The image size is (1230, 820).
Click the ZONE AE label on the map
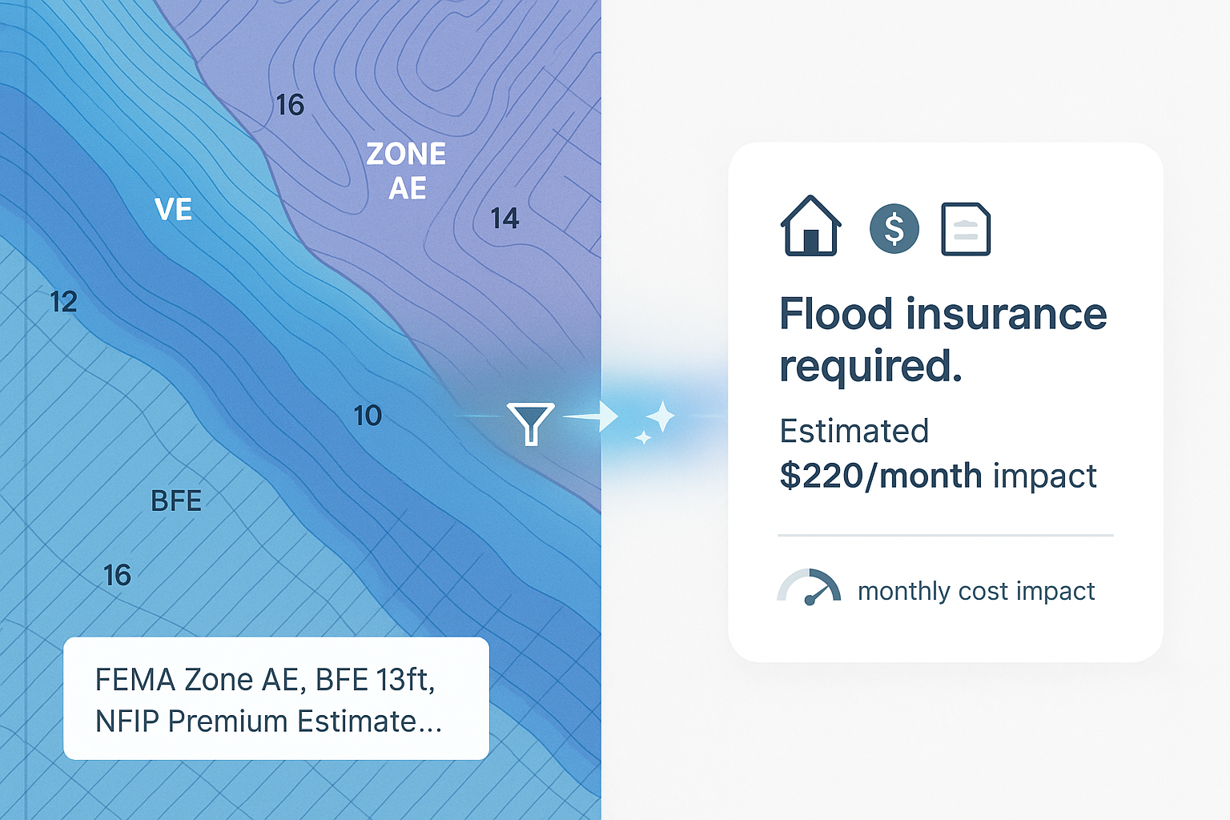click(406, 171)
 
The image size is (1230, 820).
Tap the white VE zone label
click(173, 210)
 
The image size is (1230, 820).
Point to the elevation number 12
click(63, 302)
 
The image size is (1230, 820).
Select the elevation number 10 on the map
click(368, 416)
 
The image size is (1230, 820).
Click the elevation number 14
click(504, 219)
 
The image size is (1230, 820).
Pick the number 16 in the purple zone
click(290, 105)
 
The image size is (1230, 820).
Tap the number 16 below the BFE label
click(117, 575)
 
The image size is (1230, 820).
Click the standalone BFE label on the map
click(176, 501)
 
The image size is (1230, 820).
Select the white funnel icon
click(530, 422)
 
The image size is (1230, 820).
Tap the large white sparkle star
click(661, 416)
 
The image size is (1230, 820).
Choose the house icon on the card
click(810, 227)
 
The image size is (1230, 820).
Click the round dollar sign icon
click(894, 229)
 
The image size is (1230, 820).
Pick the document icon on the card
click(966, 230)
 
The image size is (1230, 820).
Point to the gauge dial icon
click(809, 587)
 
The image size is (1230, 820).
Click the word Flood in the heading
click(835, 313)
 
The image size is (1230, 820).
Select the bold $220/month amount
click(880, 476)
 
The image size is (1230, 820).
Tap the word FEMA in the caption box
click(135, 680)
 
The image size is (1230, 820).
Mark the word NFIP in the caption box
click(127, 722)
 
